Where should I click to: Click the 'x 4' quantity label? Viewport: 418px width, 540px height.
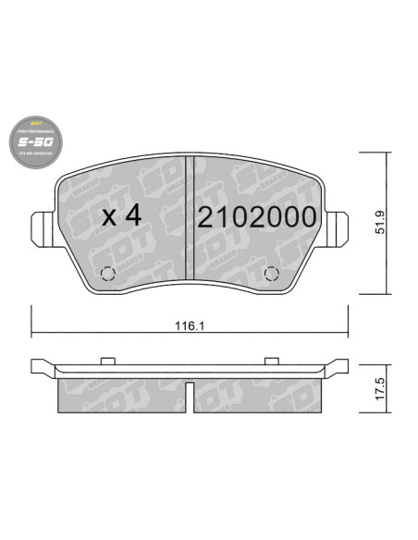120,217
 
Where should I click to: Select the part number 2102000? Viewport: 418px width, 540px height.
257,217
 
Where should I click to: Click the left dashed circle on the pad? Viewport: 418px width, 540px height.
106,274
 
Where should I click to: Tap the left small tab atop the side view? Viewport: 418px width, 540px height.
107,361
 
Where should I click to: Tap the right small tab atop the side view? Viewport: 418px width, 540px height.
272,361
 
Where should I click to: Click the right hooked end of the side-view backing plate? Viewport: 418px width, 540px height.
339,365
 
